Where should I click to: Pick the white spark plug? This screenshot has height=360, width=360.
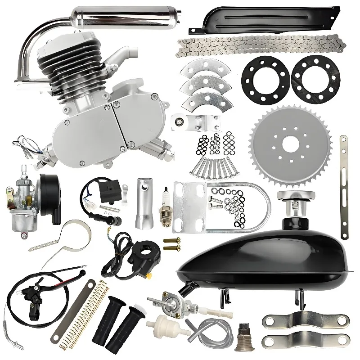tap(166, 205)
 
